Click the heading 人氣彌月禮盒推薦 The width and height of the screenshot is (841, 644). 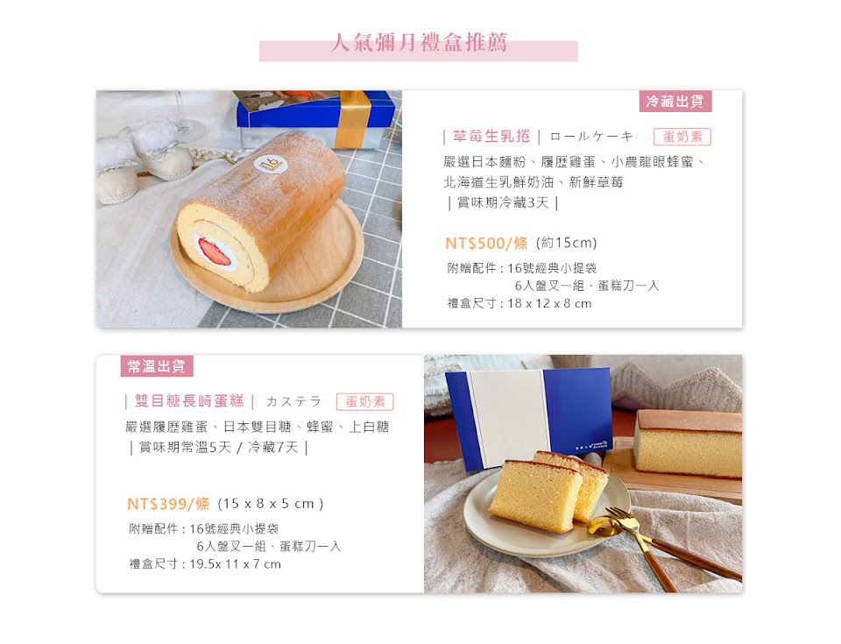tap(419, 42)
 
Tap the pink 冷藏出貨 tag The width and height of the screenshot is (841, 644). tap(675, 101)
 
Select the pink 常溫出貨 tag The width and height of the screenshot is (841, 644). tap(157, 366)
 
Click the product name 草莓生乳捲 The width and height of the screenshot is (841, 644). tap(491, 137)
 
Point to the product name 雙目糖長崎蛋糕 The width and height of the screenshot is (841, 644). tap(189, 401)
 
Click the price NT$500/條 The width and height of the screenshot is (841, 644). tap(486, 243)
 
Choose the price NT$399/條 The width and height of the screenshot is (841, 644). tap(168, 504)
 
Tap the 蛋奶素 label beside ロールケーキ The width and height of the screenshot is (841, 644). tap(682, 137)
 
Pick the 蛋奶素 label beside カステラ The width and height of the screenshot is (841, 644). tap(364, 402)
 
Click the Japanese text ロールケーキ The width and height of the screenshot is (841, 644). tap(591, 137)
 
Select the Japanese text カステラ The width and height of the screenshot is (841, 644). tap(293, 401)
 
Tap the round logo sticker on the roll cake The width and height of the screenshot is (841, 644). tap(270, 165)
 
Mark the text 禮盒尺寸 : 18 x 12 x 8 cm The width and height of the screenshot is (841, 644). tap(519, 303)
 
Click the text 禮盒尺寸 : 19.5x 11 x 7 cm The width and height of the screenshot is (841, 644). tap(205, 564)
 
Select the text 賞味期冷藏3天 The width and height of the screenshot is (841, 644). tap(503, 203)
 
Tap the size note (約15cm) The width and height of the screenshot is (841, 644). tap(567, 243)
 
